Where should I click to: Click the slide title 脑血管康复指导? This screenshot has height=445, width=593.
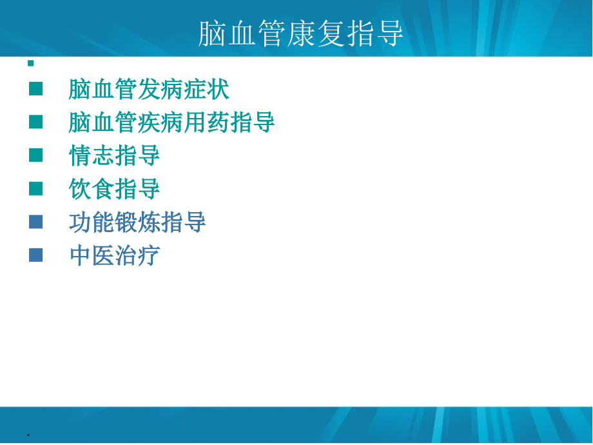click(x=300, y=34)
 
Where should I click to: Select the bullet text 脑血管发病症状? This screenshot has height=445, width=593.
click(x=149, y=89)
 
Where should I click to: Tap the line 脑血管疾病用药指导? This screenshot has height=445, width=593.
click(x=172, y=123)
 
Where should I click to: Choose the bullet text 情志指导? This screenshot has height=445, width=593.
click(x=114, y=155)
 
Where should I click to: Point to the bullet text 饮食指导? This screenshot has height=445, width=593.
click(x=114, y=189)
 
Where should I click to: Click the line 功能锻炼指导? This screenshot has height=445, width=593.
click(x=137, y=222)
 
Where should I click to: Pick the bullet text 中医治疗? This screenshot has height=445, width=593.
click(x=114, y=256)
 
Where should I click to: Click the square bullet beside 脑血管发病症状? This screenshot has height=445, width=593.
click(x=36, y=88)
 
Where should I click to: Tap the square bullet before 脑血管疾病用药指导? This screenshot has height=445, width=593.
click(x=36, y=122)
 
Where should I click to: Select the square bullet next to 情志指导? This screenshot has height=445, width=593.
click(x=36, y=155)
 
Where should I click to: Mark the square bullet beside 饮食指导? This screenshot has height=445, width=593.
click(x=36, y=188)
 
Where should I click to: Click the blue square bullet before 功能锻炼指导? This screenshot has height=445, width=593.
click(x=36, y=222)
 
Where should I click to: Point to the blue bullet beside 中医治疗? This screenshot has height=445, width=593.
click(x=36, y=255)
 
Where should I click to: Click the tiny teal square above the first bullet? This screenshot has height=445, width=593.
click(x=30, y=63)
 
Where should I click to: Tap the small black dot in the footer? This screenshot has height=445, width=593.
click(x=28, y=436)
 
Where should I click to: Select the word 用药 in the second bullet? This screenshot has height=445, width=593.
click(x=207, y=123)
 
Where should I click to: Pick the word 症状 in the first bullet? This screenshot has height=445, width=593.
click(x=206, y=89)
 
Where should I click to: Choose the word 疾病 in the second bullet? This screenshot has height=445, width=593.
click(x=160, y=123)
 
